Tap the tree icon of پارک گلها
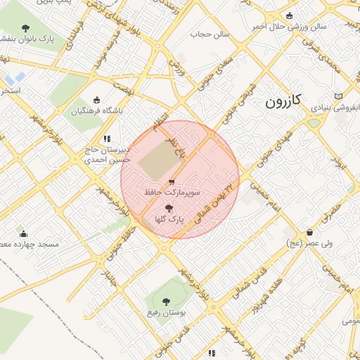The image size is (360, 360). (x=169, y=208)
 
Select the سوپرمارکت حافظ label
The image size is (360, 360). (x=172, y=191)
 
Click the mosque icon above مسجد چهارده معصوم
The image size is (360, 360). (x=23, y=233)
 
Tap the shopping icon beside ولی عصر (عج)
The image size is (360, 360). (x=309, y=233)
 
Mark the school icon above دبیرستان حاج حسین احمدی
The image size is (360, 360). (x=107, y=139)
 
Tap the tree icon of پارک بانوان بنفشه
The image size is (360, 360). (x=26, y=28)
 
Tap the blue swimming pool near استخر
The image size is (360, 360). (x=18, y=77)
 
